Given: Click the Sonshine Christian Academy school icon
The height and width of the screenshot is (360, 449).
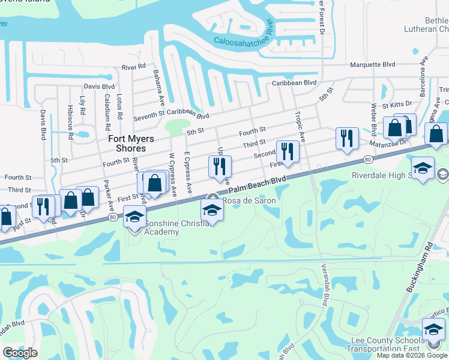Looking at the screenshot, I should [x=134, y=217].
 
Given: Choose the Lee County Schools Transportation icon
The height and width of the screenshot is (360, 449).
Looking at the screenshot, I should [x=433, y=331].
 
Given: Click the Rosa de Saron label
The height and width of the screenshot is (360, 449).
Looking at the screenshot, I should [x=249, y=200].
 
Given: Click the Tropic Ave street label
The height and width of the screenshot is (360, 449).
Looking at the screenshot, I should [x=300, y=125].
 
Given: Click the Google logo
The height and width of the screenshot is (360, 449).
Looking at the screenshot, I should [x=20, y=353].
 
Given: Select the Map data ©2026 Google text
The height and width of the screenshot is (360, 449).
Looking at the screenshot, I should [x=412, y=355].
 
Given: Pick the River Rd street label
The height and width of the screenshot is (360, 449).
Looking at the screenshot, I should [x=133, y=67].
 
